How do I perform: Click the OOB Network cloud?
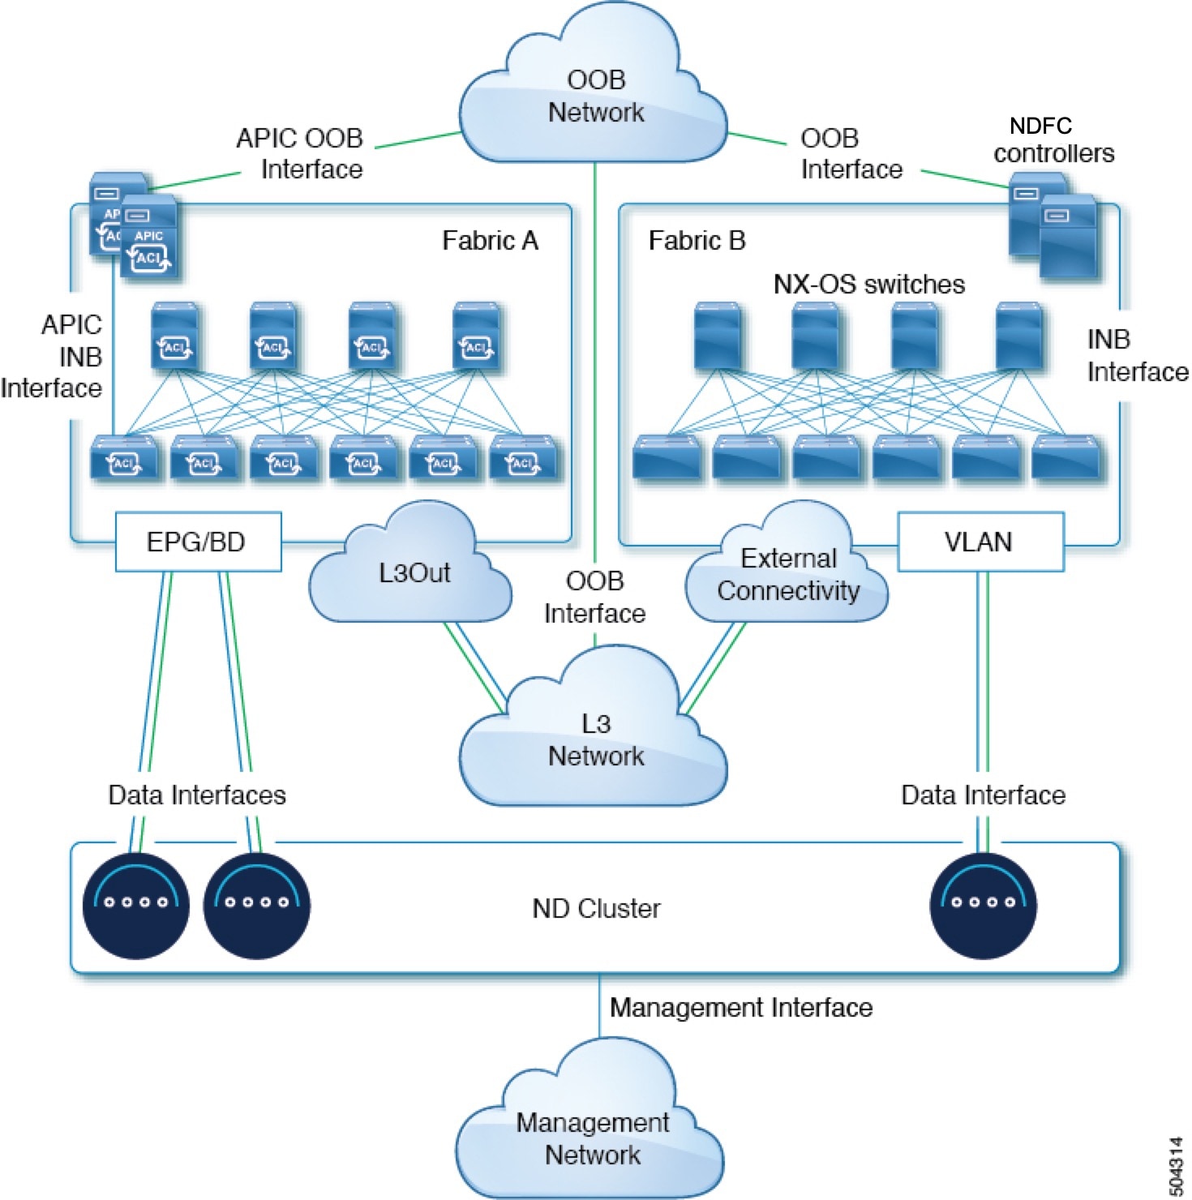[x=595, y=96]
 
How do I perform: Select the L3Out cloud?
[x=413, y=572]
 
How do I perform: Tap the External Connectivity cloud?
[x=787, y=574]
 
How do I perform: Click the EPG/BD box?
[x=197, y=542]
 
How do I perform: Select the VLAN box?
[x=979, y=542]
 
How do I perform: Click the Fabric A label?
[x=490, y=241]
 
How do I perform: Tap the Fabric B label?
[x=697, y=241]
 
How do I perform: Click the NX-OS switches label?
[x=868, y=284]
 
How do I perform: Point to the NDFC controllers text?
[x=1053, y=139]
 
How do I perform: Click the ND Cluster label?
[x=596, y=908]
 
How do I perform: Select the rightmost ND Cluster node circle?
[x=982, y=905]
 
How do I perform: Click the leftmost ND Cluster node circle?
[x=135, y=905]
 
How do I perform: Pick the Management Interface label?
[x=740, y=1007]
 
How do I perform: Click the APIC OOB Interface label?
[x=299, y=153]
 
